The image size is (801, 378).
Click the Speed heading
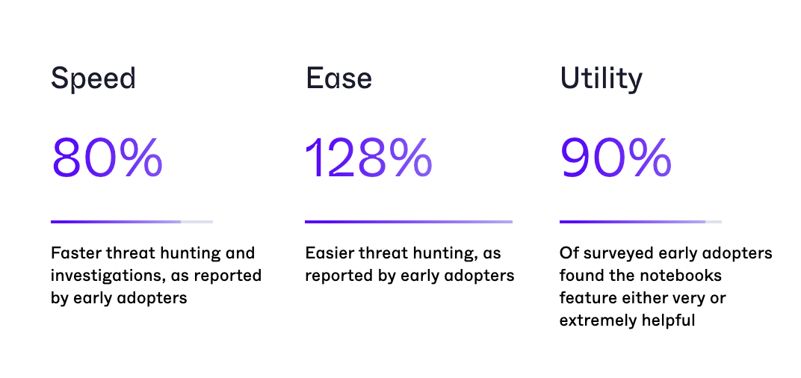click(93, 79)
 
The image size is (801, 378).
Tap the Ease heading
click(338, 78)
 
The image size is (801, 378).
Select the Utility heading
click(601, 79)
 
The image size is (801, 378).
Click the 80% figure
click(107, 158)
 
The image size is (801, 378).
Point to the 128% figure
click(368, 158)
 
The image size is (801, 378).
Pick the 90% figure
click(616, 158)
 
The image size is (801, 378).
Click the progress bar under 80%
click(132, 222)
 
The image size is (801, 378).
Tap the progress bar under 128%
click(409, 222)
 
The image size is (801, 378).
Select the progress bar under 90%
click(640, 222)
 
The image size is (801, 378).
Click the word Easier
click(326, 252)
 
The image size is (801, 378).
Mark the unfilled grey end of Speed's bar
click(197, 222)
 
